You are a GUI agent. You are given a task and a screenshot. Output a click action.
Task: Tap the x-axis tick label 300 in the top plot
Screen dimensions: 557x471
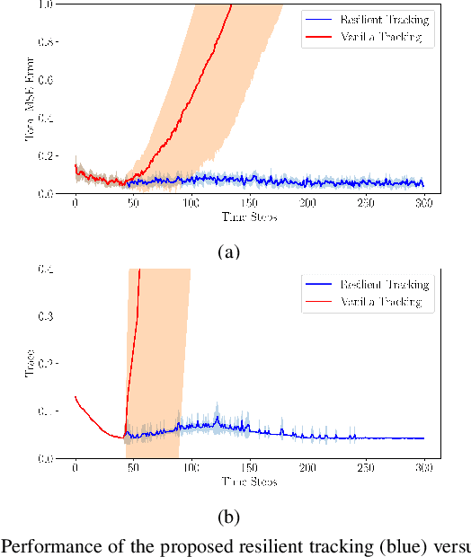point(424,205)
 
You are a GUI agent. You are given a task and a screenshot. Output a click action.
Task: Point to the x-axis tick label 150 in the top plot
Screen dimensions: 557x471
point(250,205)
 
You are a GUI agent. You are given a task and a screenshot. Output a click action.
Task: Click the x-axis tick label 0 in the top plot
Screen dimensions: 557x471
point(76,205)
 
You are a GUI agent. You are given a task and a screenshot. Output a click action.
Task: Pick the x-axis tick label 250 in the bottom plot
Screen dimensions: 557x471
point(367,470)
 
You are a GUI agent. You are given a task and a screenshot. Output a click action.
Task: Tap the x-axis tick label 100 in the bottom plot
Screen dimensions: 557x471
point(191,470)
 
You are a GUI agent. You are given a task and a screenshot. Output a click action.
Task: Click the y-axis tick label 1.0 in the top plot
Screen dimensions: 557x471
point(45,4)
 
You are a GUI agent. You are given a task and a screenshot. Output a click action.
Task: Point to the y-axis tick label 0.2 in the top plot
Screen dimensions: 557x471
point(45,155)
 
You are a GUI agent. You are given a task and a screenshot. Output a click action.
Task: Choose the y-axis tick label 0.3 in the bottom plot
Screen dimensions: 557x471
point(45,316)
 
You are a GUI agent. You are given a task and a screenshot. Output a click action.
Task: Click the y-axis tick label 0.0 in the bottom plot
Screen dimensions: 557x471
point(45,458)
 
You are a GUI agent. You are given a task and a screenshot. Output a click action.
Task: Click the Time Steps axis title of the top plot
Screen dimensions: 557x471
point(249,217)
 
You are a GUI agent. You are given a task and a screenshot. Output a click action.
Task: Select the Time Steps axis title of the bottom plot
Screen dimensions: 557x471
point(249,482)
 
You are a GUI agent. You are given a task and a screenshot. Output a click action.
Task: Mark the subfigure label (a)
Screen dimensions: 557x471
point(229,252)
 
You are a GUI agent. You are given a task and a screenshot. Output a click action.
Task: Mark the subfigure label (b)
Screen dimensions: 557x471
point(229,517)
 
